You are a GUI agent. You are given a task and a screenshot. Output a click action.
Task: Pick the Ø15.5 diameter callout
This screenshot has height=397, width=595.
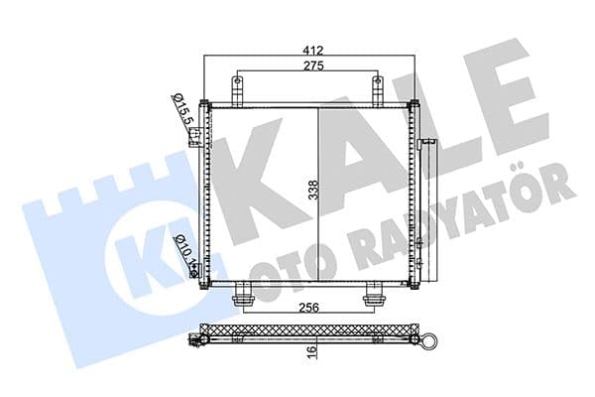click(x=182, y=108)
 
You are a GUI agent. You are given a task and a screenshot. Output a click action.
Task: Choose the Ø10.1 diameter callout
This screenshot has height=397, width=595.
click(x=182, y=249)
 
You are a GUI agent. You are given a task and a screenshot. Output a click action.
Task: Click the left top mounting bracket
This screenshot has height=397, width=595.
click(x=238, y=88)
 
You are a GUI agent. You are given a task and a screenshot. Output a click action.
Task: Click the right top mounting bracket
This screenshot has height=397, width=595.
click(x=378, y=88)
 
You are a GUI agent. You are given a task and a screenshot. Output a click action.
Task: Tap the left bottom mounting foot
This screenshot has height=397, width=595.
click(x=242, y=297)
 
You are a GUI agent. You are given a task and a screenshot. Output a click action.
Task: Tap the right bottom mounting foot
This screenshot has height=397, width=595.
click(x=375, y=297)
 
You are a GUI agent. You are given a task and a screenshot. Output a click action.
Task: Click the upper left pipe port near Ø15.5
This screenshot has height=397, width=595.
click(x=197, y=134)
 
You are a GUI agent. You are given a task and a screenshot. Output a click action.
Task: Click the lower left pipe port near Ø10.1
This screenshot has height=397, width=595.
click(x=196, y=268)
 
